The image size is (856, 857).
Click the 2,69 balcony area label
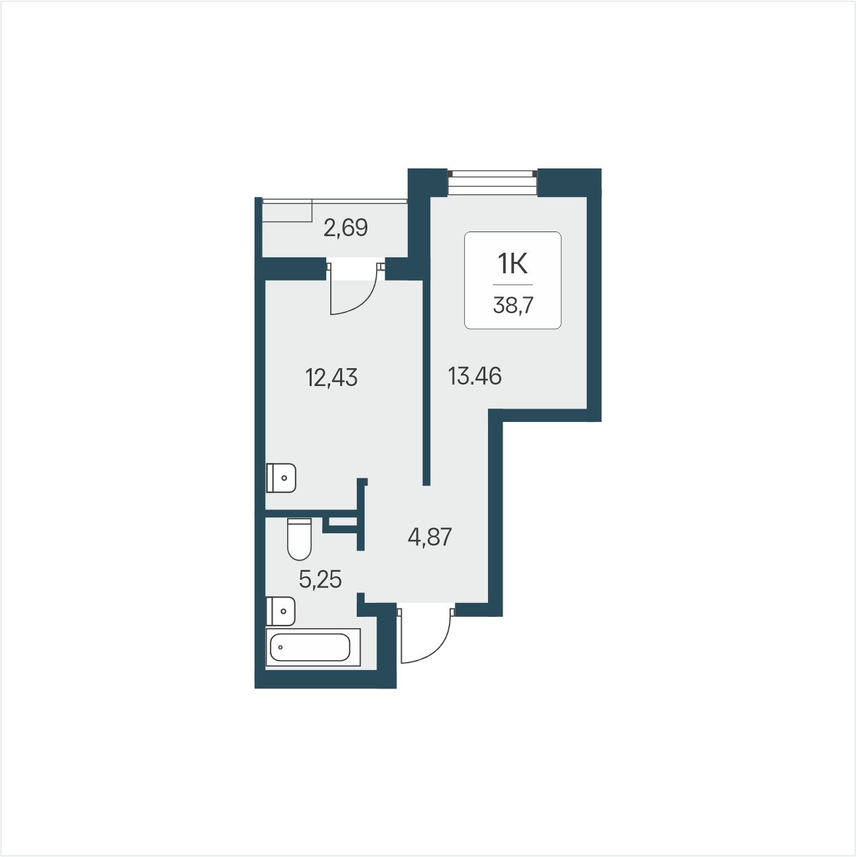(345, 228)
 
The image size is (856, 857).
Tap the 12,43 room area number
(332, 378)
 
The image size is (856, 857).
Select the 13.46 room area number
(475, 376)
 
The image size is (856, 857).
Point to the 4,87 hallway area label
(430, 537)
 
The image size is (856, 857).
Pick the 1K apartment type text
(513, 264)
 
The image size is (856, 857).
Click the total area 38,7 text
(513, 306)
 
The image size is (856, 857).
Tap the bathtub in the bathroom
(313, 647)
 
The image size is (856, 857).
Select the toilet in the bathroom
(299, 539)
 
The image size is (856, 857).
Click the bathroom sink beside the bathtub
(280, 611)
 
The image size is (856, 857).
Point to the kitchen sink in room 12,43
(281, 478)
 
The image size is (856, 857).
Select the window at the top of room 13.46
(492, 182)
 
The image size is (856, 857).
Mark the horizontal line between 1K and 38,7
(513, 285)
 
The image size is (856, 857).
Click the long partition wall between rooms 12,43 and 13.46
(426, 383)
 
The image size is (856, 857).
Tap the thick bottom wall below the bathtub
(325, 679)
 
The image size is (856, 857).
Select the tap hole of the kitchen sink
(284, 478)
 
